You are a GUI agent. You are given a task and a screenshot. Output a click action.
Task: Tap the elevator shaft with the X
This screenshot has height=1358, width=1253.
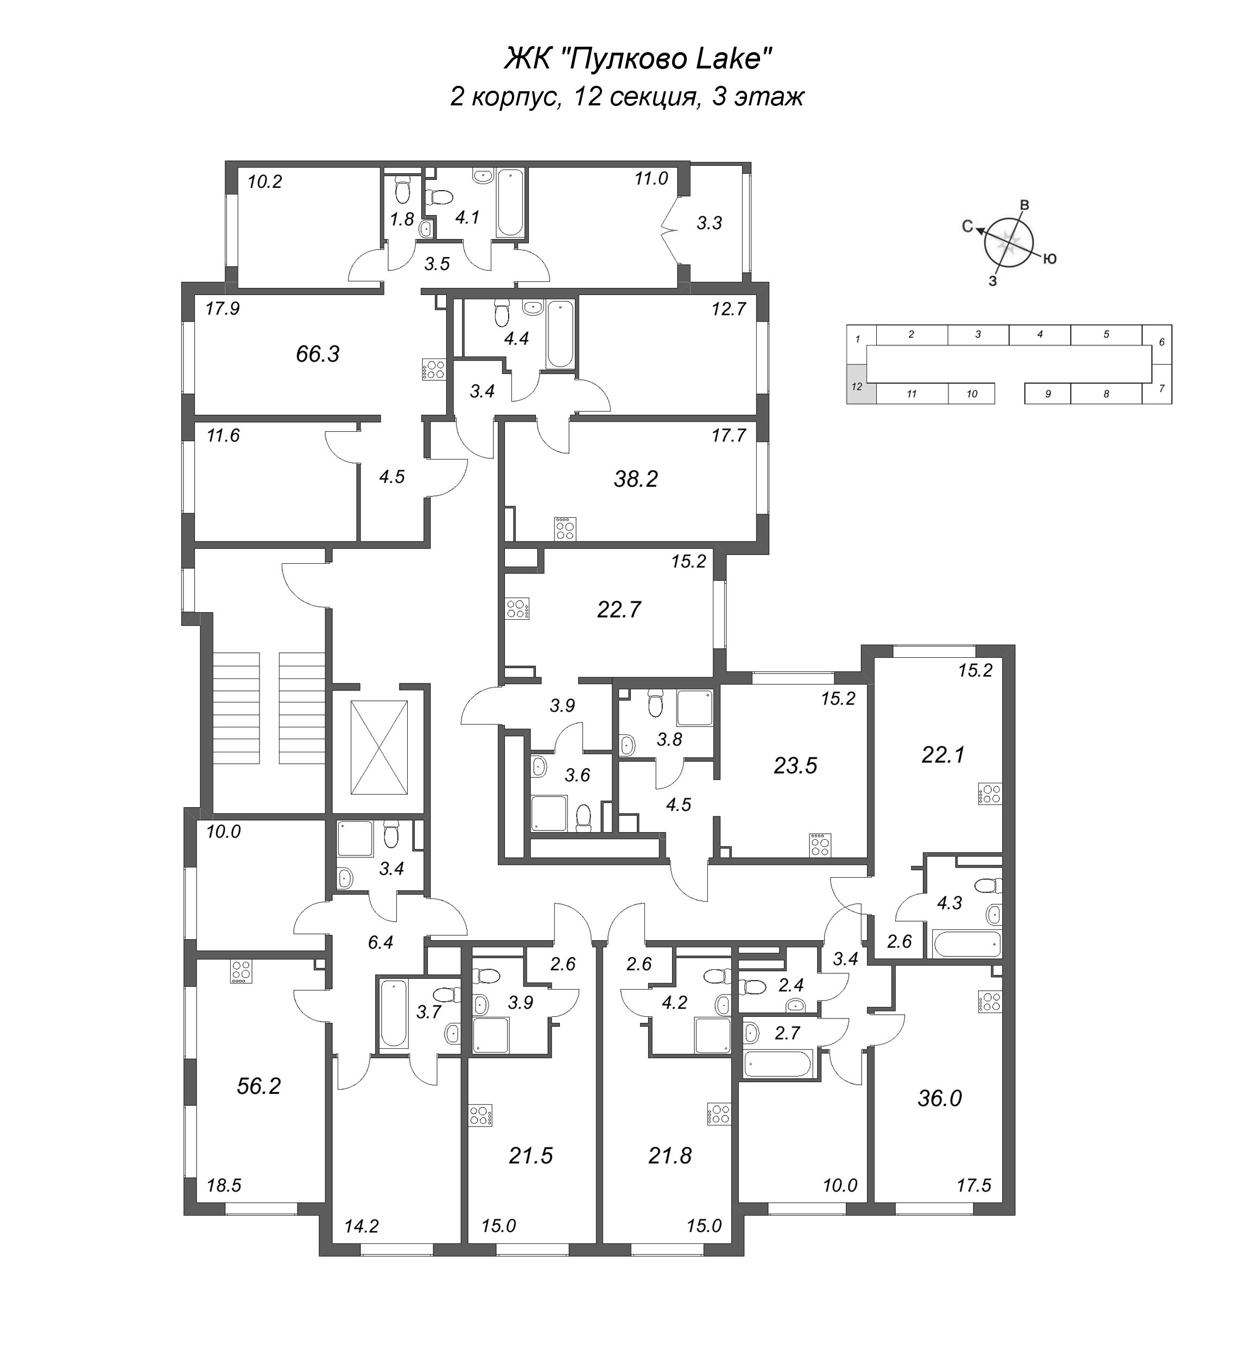pyautogui.click(x=379, y=747)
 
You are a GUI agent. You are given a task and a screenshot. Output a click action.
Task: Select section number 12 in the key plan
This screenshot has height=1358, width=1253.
pyautogui.click(x=857, y=387)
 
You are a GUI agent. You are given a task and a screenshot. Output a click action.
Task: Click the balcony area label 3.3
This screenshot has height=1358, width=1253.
pyautogui.click(x=709, y=223)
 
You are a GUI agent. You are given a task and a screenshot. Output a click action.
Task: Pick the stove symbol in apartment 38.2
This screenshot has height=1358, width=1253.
pyautogui.click(x=565, y=529)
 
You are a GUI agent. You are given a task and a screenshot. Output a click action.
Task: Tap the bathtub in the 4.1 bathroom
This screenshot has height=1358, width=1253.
pyautogui.click(x=510, y=202)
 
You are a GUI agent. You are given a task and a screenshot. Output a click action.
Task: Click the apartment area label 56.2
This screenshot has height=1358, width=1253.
pyautogui.click(x=258, y=1086)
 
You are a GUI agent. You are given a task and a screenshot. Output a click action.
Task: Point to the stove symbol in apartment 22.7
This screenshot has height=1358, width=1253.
pyautogui.click(x=517, y=608)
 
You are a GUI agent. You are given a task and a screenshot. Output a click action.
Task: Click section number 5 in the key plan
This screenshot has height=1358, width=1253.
pyautogui.click(x=1106, y=335)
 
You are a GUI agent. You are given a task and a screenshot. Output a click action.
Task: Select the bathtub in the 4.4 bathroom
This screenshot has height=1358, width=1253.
pyautogui.click(x=560, y=335)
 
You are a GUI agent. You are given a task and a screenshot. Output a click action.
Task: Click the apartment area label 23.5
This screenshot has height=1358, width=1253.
pyautogui.click(x=795, y=766)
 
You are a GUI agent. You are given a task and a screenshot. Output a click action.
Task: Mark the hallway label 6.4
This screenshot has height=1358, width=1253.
pyautogui.click(x=381, y=942)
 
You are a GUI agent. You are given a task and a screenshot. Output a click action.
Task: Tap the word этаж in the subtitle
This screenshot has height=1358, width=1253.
pyautogui.click(x=776, y=97)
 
